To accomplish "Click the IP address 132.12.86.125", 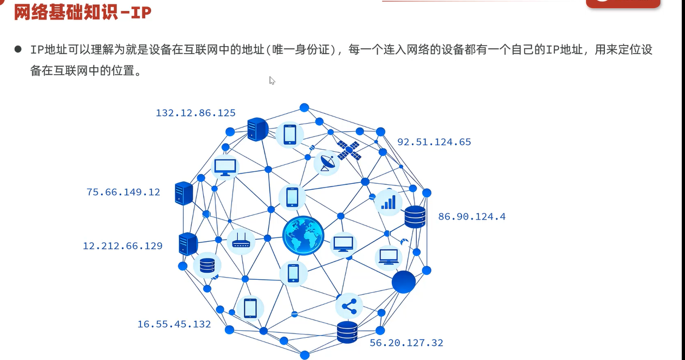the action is [x=196, y=113].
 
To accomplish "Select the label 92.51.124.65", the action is [x=434, y=142].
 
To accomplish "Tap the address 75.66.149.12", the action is [x=123, y=192].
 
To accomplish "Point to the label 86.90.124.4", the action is [x=471, y=217].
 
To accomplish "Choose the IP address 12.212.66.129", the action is [x=122, y=246].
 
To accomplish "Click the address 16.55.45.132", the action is [x=174, y=324].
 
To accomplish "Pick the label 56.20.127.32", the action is [x=406, y=343].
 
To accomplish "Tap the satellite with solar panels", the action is [x=348, y=150].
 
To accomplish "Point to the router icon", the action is [x=240, y=242].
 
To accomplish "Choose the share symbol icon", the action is [x=349, y=306].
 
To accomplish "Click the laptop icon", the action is [x=389, y=256].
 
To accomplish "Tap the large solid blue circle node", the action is [x=403, y=282].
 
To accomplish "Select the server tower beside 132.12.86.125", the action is [x=257, y=130].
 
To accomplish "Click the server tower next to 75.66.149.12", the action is [x=184, y=193].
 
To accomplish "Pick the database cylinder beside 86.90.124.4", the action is [x=415, y=217].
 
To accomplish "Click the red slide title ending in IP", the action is [x=82, y=12].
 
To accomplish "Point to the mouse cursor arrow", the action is [x=272, y=81].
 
